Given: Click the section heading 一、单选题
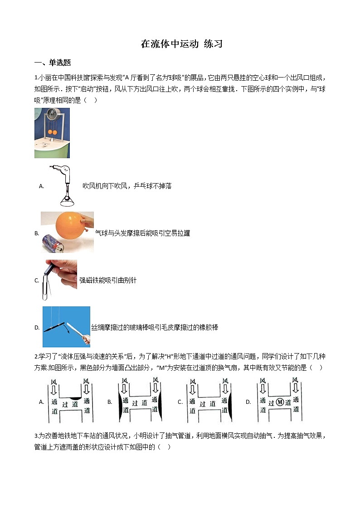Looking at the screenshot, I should click(53, 63).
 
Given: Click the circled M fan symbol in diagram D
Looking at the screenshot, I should click(279, 402).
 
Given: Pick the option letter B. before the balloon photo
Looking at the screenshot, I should click(37, 233).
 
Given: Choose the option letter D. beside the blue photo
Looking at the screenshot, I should click(37, 327).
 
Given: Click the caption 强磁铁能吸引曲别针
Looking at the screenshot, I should click(108, 281).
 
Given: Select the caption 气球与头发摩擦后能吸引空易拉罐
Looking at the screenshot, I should click(143, 233).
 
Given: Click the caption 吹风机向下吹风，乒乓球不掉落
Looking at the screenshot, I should click(127, 186).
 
